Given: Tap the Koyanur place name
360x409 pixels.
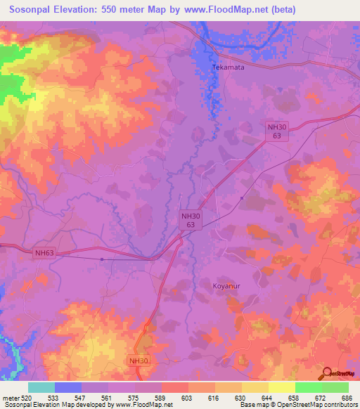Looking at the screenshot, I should (x=227, y=286).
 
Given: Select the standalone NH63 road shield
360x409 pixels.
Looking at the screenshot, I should (x=44, y=252).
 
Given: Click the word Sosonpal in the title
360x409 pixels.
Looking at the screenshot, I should (x=35, y=10).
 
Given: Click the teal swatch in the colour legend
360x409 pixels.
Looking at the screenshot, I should (x=41, y=387).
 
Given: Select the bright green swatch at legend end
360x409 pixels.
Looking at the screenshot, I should (x=335, y=387).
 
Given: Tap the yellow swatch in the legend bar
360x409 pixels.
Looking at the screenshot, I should (x=281, y=387).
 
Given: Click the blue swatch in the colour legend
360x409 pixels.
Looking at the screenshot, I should (x=68, y=387).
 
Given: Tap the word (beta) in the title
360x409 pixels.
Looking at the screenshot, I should (x=281, y=10).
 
